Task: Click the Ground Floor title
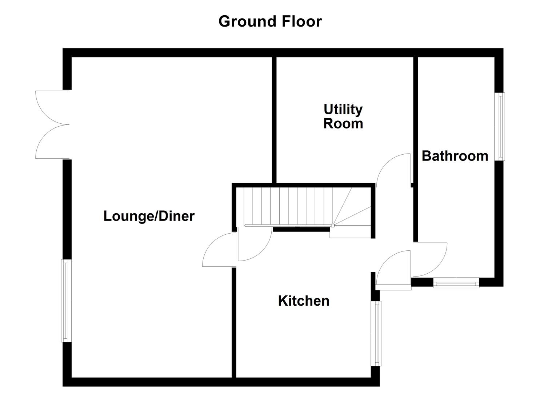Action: [270, 21]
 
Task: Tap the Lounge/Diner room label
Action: [149, 216]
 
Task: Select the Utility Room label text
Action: [343, 116]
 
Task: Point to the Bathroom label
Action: [455, 156]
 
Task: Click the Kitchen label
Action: [304, 301]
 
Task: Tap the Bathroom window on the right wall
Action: [501, 126]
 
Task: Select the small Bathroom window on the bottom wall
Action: [456, 283]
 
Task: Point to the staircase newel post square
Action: [332, 226]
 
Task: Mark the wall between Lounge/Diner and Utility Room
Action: [274, 120]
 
